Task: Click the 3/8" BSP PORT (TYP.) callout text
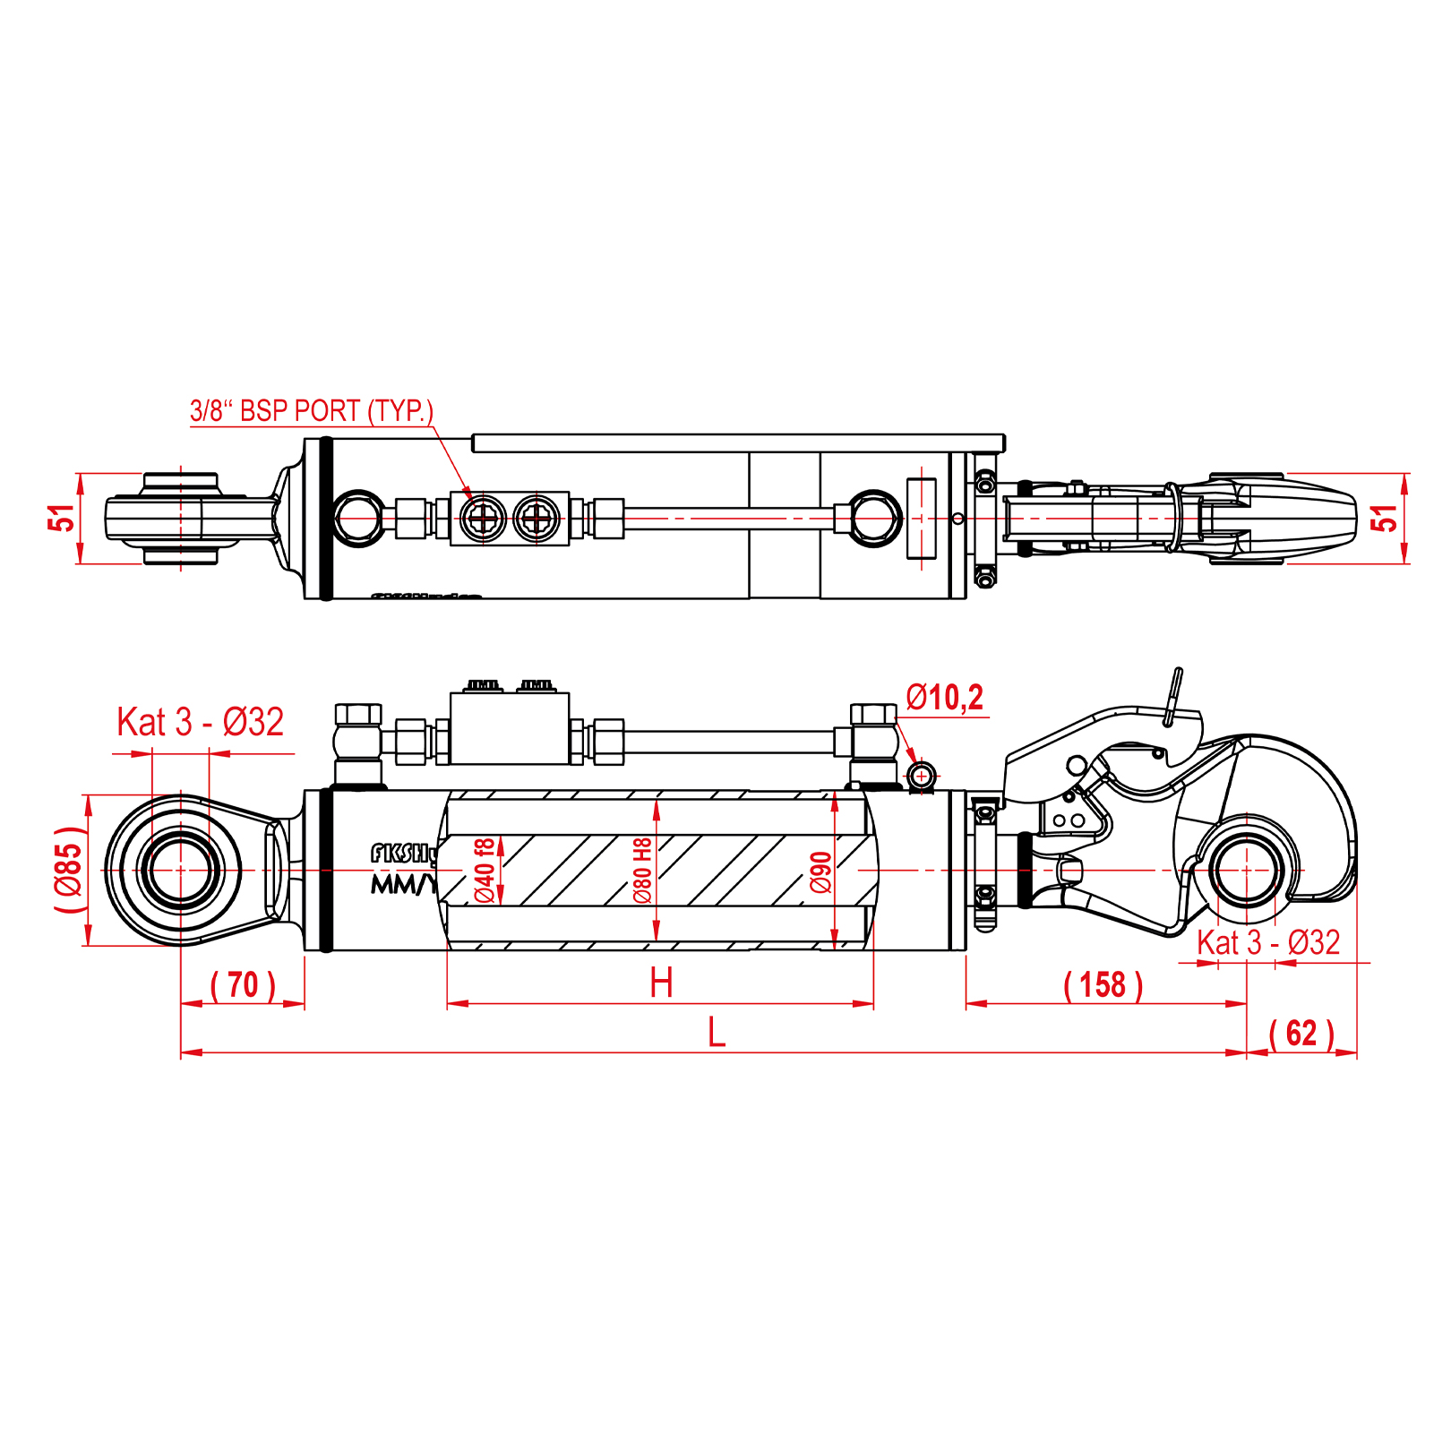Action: tap(311, 411)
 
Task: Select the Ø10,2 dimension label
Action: tap(944, 698)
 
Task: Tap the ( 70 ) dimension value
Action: tap(243, 985)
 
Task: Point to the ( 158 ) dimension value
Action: tap(1103, 985)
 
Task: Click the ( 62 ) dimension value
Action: tap(1301, 1034)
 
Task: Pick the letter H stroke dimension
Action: tap(661, 983)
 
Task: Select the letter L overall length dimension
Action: tap(716, 1033)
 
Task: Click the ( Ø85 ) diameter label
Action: tap(69, 870)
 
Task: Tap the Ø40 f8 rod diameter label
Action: tap(484, 870)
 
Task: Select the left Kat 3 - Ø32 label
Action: tap(200, 722)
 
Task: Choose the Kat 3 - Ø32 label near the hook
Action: tap(1267, 943)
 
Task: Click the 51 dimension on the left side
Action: tap(62, 519)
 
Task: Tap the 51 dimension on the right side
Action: tap(1385, 519)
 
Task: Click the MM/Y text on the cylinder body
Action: tap(403, 885)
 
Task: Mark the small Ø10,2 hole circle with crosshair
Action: tap(921, 776)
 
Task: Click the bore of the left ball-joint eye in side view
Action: tap(181, 870)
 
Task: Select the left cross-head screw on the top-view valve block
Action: tap(483, 519)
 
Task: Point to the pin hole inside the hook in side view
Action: tap(1246, 870)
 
